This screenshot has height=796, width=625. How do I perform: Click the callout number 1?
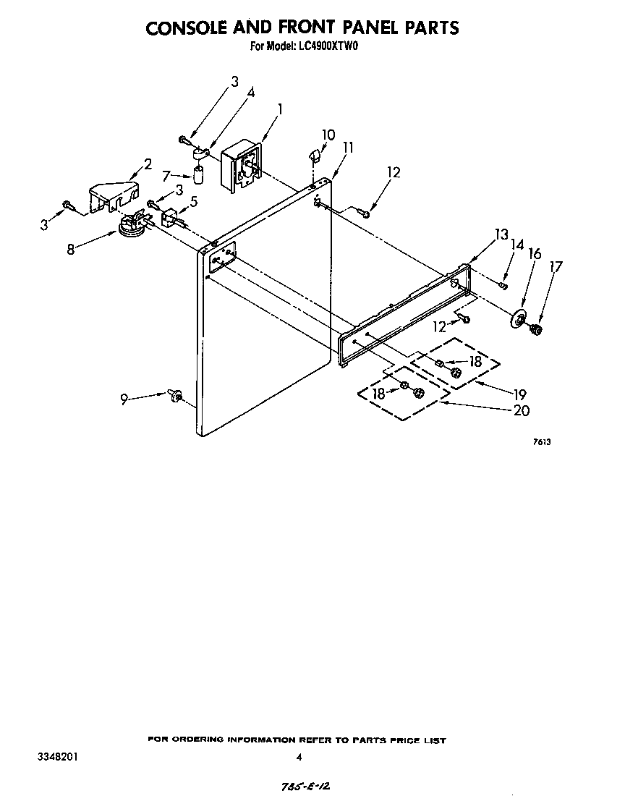click(279, 109)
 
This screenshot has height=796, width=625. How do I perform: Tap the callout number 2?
click(148, 164)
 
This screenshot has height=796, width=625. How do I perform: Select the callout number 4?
click(250, 92)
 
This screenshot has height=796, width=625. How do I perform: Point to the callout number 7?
click(166, 176)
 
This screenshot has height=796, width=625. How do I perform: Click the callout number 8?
click(71, 249)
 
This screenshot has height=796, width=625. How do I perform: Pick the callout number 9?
click(124, 399)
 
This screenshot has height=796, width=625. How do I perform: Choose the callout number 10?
click(328, 135)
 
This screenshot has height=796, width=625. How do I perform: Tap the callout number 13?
click(501, 234)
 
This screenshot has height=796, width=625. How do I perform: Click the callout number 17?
click(556, 266)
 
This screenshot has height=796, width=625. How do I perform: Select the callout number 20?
click(522, 410)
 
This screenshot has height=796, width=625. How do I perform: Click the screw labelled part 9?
click(174, 395)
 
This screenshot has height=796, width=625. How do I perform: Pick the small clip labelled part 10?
click(313, 154)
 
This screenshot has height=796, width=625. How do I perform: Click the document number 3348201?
click(57, 756)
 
